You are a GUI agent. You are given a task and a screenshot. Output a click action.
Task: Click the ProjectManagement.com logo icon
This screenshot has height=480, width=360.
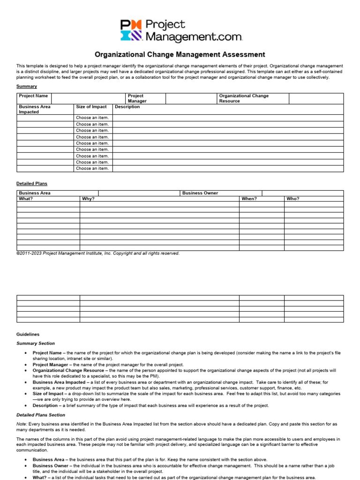tap(129, 30)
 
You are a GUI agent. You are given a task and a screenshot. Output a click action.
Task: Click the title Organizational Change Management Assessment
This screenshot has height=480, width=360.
tap(180, 55)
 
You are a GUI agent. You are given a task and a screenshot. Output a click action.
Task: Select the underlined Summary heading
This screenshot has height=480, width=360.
tap(27, 86)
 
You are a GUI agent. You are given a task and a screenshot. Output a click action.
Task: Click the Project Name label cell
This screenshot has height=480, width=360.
tap(33, 96)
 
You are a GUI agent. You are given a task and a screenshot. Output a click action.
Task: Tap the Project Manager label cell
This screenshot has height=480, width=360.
tap(137, 98)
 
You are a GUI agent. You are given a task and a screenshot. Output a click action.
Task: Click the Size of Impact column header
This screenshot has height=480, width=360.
tap(91, 107)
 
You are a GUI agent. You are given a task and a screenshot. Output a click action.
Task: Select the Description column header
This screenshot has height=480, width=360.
tap(127, 107)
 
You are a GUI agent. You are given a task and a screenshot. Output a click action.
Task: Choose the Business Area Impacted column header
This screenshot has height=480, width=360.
tap(35, 109)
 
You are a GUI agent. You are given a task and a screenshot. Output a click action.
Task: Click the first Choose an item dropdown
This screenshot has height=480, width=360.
tap(92, 118)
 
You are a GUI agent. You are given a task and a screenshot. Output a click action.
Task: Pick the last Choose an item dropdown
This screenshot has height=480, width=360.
tap(92, 168)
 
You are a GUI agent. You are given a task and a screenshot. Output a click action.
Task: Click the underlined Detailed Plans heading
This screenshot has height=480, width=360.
tap(32, 184)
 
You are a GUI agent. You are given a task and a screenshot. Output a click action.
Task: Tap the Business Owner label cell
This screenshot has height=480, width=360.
tap(200, 193)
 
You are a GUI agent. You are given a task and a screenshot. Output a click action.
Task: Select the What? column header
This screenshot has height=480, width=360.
tap(26, 199)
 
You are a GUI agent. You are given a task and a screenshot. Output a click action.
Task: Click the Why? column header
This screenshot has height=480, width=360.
tap(88, 199)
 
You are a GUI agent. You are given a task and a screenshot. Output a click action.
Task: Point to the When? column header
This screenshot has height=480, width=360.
tap(249, 199)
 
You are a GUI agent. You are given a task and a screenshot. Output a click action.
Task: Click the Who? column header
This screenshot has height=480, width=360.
tap(293, 199)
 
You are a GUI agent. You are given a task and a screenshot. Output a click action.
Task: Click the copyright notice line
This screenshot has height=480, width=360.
tap(98, 254)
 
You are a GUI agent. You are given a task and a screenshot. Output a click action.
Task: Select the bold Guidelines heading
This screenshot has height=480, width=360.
tap(28, 334)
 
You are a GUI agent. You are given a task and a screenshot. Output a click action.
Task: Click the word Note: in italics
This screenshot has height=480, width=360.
tap(22, 424)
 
